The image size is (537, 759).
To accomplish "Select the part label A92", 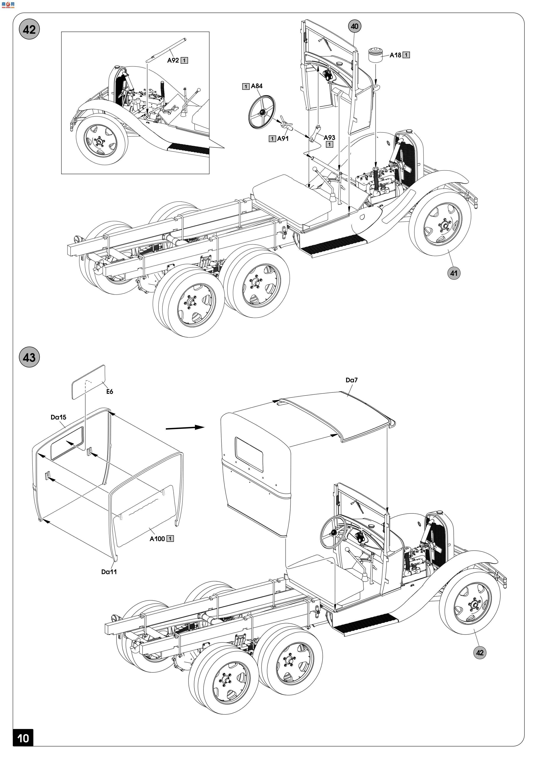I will (x=173, y=61).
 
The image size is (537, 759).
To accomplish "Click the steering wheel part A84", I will (x=261, y=112).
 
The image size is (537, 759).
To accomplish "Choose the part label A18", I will (x=395, y=55).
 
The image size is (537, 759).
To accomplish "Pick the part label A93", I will (x=329, y=138).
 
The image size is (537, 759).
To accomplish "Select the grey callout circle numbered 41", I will (x=454, y=273).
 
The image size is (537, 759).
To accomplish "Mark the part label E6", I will (x=110, y=392).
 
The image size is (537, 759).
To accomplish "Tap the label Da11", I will (x=109, y=572).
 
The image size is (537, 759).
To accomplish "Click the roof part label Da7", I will (x=352, y=380).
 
